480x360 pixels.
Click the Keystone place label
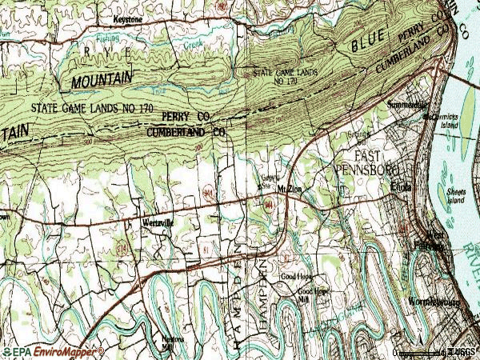pos(128,17)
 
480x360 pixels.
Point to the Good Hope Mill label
pos(314,295)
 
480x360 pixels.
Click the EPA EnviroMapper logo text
pos(52,351)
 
